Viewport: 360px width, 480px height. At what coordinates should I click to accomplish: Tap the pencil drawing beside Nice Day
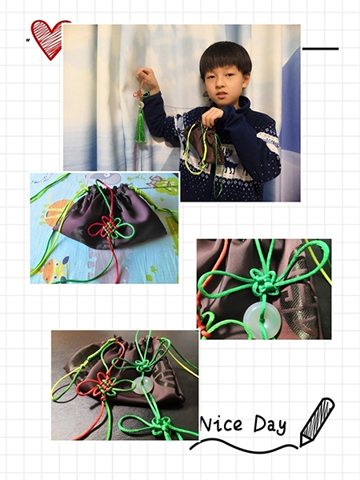[x=317, y=422]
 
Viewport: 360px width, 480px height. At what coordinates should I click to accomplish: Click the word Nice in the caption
[x=221, y=424]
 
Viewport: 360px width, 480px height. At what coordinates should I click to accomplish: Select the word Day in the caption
[x=270, y=425]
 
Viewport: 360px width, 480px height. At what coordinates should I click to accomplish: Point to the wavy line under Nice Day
[x=244, y=446]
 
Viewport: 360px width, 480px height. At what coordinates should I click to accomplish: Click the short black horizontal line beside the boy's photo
[x=321, y=49]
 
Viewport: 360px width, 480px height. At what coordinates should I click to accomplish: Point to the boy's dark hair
[x=226, y=58]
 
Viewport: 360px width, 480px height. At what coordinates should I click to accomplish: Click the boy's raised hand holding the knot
[x=147, y=79]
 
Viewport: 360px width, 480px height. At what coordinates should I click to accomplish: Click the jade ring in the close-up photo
[x=262, y=320]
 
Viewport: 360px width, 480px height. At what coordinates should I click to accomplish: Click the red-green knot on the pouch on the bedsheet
[x=110, y=228]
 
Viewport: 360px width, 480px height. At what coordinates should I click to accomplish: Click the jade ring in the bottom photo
[x=142, y=385]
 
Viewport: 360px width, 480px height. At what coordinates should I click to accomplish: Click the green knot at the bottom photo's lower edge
[x=162, y=426]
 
